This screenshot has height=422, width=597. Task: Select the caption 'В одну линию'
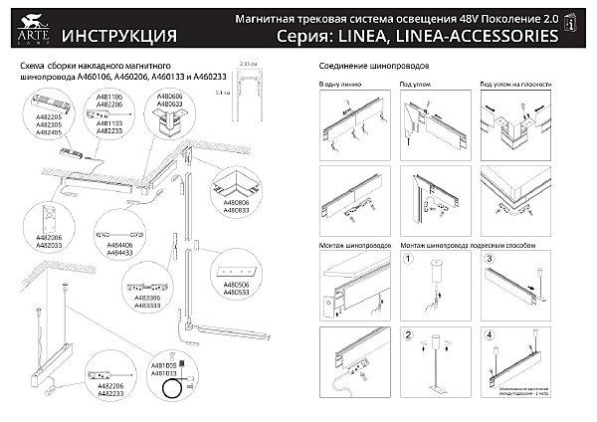(333, 86)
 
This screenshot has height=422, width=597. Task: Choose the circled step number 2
(408, 334)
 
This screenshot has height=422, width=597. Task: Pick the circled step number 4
(490, 334)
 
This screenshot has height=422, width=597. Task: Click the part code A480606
(170, 97)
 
